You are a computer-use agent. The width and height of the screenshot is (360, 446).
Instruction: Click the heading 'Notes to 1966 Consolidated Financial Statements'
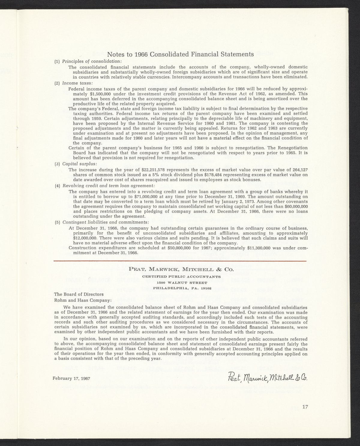[x=180, y=54]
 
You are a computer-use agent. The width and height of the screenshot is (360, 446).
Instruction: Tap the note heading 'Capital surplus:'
[x=79, y=164]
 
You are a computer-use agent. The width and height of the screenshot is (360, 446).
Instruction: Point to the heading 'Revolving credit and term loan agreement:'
[x=108, y=186]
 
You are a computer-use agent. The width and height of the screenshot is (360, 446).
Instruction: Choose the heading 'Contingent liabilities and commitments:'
[x=106, y=222]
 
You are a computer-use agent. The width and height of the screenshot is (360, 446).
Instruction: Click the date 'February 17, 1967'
[x=71, y=378]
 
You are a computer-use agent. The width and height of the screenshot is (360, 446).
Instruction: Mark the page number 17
[x=305, y=407]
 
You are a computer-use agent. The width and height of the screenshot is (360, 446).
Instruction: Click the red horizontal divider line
[x=180, y=261]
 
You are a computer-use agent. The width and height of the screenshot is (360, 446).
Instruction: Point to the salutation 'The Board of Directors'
[x=79, y=294]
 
